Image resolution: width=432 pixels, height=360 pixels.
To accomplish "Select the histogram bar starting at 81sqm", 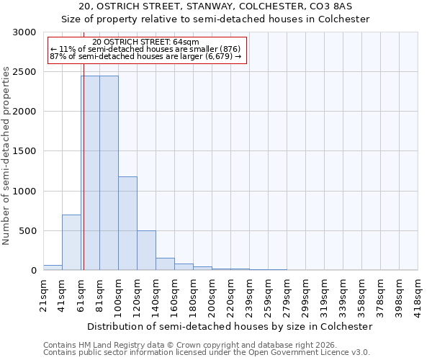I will coord(109,173).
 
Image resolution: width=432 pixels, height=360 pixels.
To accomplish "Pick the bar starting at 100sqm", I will coord(127,223).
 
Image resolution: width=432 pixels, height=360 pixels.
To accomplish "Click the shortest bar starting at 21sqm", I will coord(53,268).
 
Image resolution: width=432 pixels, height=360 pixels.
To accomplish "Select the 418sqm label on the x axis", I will coord(418,294).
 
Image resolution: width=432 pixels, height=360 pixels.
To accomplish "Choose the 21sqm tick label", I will coord(44,294).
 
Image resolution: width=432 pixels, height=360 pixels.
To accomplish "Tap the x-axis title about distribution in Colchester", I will coord(230,326).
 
